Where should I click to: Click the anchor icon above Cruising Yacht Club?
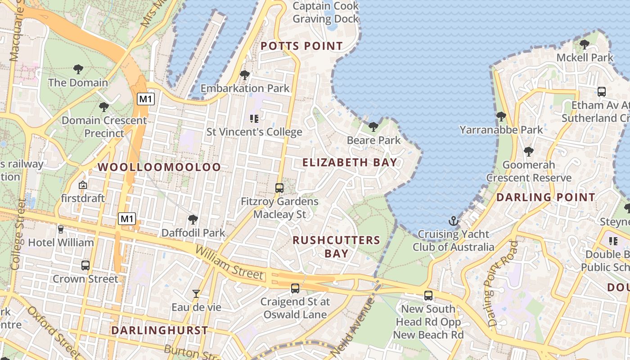pyautogui.click(x=454, y=221)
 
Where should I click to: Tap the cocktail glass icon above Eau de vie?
pyautogui.click(x=196, y=294)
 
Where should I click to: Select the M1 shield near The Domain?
pyautogui.click(x=145, y=99)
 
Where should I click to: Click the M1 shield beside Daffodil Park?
pyautogui.click(x=126, y=219)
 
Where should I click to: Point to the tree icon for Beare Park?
pyautogui.click(x=373, y=127)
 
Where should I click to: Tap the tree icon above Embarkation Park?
pyautogui.click(x=245, y=75)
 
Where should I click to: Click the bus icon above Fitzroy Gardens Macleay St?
pyautogui.click(x=279, y=188)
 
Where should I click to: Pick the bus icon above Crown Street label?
pyautogui.click(x=85, y=265)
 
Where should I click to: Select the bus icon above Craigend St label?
pyautogui.click(x=295, y=288)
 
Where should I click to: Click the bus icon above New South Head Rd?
pyautogui.click(x=428, y=296)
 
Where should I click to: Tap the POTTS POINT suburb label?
pyautogui.click(x=301, y=46)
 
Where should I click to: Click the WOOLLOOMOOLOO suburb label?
pyautogui.click(x=159, y=167)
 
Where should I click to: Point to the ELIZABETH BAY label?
pyautogui.click(x=350, y=162)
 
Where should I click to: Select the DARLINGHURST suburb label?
pyautogui.click(x=159, y=330)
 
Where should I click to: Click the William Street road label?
pyautogui.click(x=229, y=262)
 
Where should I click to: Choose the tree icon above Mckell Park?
pyautogui.click(x=585, y=44)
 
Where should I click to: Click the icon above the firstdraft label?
pyautogui.click(x=83, y=185)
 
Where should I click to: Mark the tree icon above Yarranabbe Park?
pyautogui.click(x=501, y=117)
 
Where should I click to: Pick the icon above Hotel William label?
pyautogui.click(x=61, y=229)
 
